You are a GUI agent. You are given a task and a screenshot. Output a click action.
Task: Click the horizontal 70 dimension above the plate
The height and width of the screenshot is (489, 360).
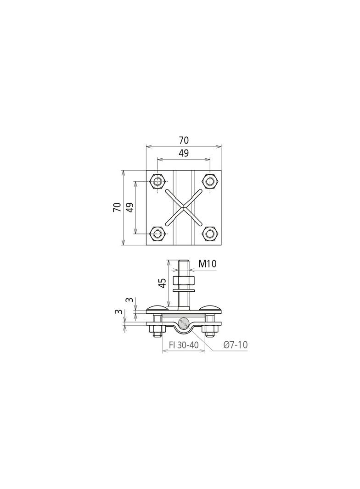coord(184,141)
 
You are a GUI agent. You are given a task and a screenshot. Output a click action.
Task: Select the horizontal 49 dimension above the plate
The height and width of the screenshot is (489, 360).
coord(184,153)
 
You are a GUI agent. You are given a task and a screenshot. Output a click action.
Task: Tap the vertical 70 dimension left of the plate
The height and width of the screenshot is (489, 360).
coord(117,207)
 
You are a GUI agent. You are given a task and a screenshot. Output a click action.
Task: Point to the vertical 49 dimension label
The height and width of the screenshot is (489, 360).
coord(130,207)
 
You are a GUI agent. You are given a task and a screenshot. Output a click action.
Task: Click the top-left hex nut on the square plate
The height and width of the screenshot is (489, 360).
coord(157,181)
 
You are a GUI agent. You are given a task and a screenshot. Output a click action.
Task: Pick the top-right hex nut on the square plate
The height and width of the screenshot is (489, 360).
coord(210,181)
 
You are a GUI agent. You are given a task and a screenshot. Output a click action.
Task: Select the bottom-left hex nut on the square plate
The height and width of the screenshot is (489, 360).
coord(157,233)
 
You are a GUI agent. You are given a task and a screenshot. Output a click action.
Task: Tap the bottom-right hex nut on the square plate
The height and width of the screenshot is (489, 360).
coord(210,233)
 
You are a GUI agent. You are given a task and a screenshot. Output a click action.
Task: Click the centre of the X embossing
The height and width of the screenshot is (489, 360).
coord(184,207)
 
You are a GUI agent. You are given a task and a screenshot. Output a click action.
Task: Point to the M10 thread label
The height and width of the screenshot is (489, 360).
coord(208,264)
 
